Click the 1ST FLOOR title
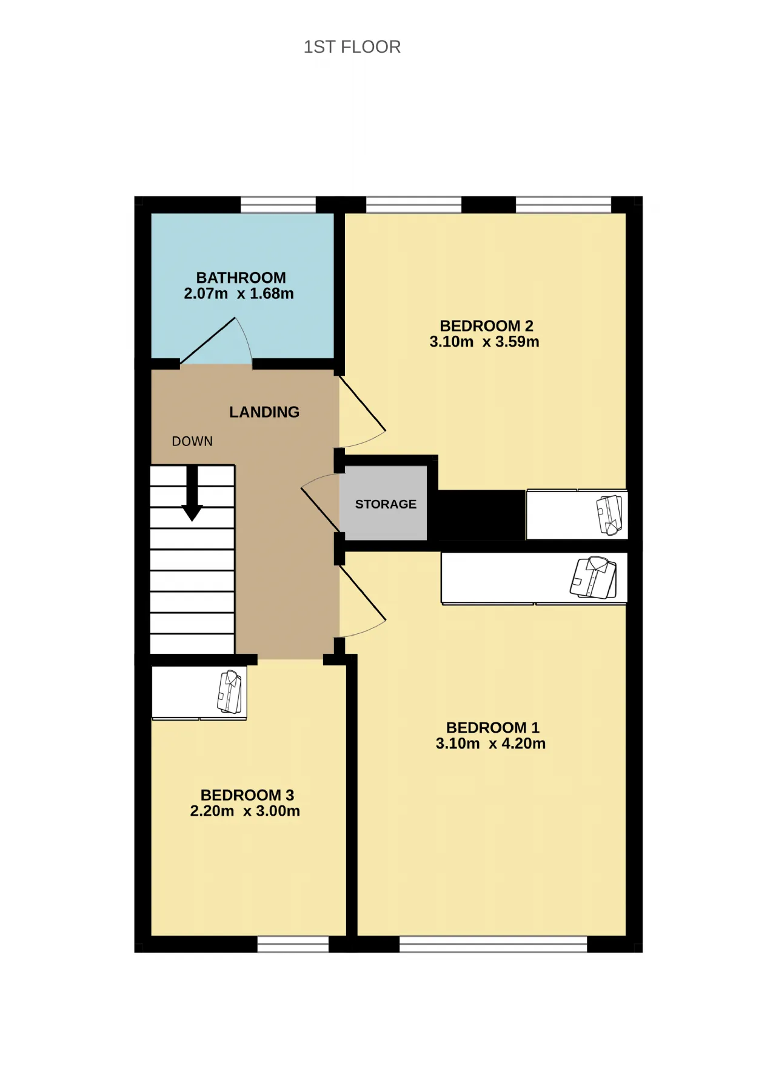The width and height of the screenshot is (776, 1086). (x=352, y=47)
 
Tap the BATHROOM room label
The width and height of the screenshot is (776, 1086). (x=241, y=278)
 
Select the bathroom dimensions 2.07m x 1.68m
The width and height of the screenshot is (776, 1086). (x=239, y=293)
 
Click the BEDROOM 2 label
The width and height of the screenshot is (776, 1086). (x=486, y=325)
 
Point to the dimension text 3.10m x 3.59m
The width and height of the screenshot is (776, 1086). (x=484, y=341)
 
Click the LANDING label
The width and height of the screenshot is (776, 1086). (x=264, y=412)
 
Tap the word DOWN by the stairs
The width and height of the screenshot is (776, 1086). (x=192, y=441)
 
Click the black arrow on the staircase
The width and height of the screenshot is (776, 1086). (x=192, y=493)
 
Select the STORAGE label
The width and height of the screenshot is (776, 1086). (x=386, y=504)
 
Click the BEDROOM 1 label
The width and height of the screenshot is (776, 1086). (x=493, y=727)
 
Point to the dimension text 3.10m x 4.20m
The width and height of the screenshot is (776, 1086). (x=490, y=743)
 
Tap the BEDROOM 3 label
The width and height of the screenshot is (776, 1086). (x=247, y=795)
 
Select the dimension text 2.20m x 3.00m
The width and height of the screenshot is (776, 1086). (x=245, y=811)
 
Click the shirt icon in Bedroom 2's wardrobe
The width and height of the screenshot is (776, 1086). (x=610, y=515)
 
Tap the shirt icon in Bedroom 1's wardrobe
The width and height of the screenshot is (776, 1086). (x=594, y=578)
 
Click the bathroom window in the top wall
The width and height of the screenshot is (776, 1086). (x=278, y=205)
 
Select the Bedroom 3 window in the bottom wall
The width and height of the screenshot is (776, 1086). (x=293, y=944)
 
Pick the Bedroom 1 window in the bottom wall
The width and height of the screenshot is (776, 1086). (x=493, y=944)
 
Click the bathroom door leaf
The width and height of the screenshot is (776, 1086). (x=207, y=341)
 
